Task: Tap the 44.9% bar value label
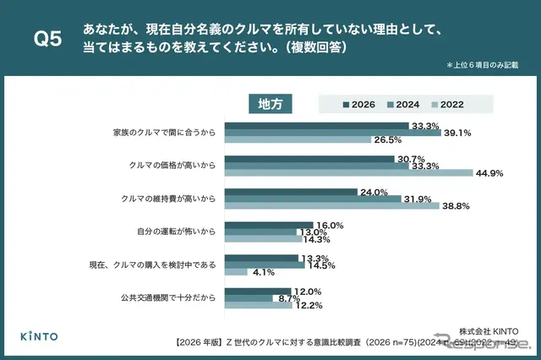(489, 173)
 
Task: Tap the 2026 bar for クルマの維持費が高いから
(295, 191)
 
